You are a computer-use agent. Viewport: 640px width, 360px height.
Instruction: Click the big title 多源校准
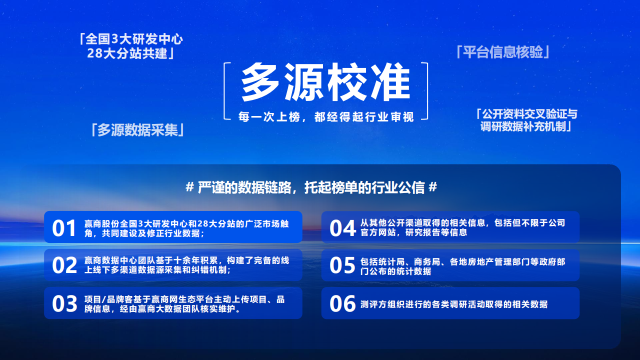pos(325,82)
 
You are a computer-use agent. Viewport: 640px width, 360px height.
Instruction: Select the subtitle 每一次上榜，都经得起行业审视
pos(326,117)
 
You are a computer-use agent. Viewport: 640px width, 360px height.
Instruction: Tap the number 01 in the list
pos(64,228)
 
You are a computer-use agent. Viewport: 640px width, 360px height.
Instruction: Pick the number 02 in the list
pos(64,265)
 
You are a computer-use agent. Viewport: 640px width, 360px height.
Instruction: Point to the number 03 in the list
pos(64,303)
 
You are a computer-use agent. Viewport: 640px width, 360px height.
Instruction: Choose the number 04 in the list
pos(342,228)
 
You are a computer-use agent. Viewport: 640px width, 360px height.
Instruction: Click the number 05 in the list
pos(342,265)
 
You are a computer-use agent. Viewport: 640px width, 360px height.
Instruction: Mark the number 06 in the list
pos(342,303)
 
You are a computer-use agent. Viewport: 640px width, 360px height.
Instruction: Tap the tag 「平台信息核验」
pos(502,52)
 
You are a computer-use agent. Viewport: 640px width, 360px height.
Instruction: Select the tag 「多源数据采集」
pos(137,130)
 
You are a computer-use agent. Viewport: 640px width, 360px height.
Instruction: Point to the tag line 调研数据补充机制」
pos(525,126)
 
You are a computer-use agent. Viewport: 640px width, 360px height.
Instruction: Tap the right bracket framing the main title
pos(427,91)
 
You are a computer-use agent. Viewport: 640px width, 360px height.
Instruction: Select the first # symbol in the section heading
pos(189,187)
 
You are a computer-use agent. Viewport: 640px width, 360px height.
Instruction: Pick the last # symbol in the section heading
pos(433,187)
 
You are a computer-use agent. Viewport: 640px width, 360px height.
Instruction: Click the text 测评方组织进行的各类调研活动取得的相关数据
pos(454,304)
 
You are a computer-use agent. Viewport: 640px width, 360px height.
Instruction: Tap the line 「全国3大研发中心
pos(130,39)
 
